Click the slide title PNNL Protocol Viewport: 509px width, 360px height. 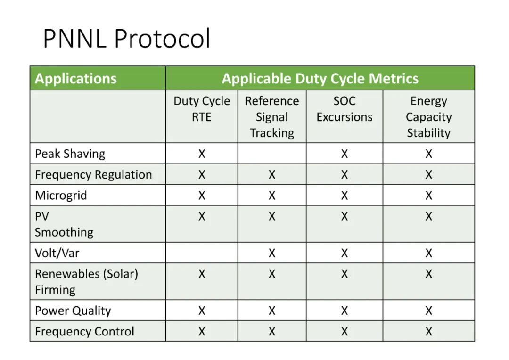tap(127, 39)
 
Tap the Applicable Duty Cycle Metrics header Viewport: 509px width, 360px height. tap(320, 79)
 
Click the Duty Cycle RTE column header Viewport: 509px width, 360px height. tap(202, 109)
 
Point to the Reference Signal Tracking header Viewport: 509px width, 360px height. tap(272, 117)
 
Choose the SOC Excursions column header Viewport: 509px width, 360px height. tap(345, 109)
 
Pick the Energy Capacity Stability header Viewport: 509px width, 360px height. tap(429, 117)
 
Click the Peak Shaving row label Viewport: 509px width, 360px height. tap(70, 154)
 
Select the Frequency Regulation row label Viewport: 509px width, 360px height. tap(93, 175)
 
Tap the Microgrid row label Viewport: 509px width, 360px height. tap(61, 196)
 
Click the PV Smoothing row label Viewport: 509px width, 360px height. tap(64, 224)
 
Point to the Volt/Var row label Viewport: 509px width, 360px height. tap(57, 253)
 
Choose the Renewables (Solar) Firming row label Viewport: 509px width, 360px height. tap(87, 281)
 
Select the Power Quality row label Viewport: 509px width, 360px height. tap(73, 311)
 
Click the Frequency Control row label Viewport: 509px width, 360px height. tap(85, 331)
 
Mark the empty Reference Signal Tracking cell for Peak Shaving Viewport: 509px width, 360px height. tap(272, 153)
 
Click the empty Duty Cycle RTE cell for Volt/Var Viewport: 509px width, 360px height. tap(202, 253)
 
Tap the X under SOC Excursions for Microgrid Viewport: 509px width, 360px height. tap(345, 196)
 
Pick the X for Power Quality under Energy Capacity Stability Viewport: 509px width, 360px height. tap(429, 311)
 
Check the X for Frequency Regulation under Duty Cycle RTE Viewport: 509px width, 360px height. tap(202, 175)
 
